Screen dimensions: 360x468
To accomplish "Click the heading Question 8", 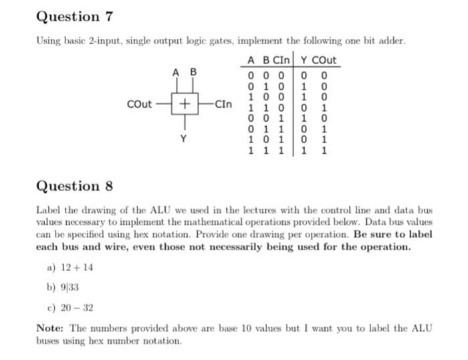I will (x=74, y=186).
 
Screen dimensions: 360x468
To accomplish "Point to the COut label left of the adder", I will (x=139, y=104).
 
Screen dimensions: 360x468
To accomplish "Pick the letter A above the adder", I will (x=175, y=72).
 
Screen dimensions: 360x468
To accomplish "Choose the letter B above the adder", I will (x=194, y=72).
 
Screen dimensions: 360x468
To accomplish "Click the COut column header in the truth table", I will (x=324, y=60).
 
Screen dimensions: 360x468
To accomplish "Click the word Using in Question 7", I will (x=48, y=41).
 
